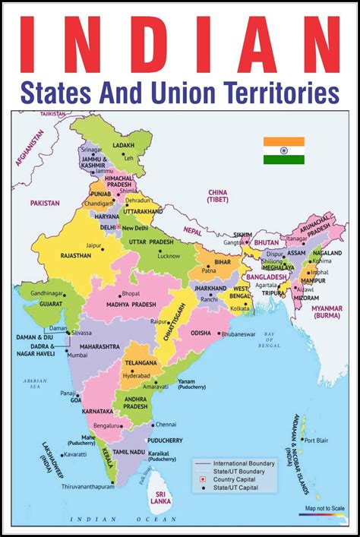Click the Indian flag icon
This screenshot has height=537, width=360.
click(x=284, y=150)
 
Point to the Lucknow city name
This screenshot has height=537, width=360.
click(x=167, y=257)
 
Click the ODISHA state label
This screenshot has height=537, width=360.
click(x=200, y=333)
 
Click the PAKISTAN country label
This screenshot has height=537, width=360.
click(x=45, y=204)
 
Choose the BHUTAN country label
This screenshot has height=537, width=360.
click(x=267, y=242)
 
